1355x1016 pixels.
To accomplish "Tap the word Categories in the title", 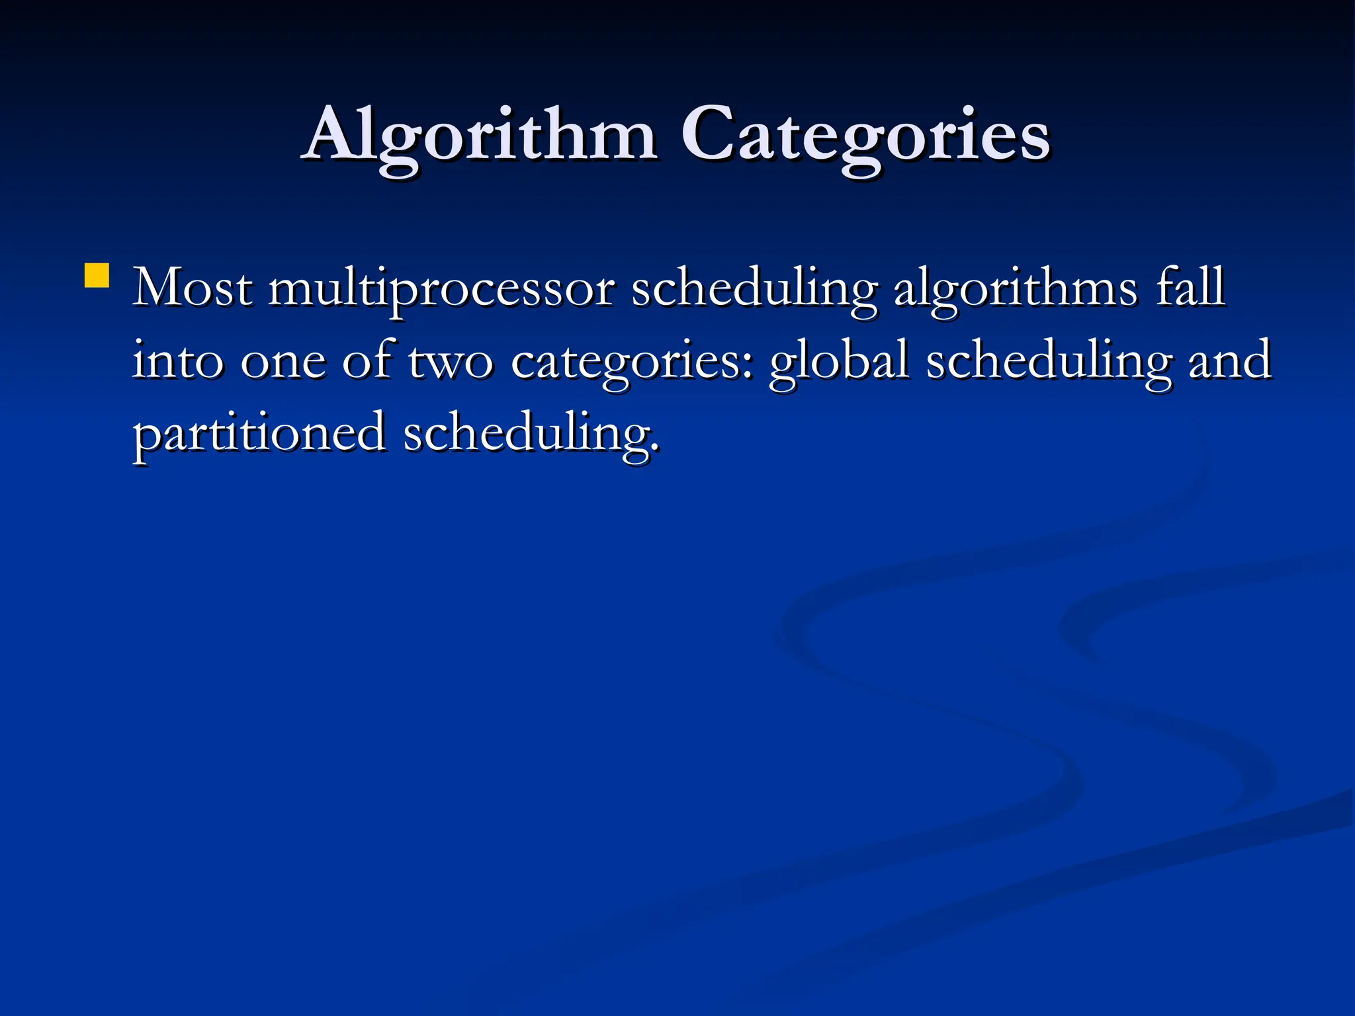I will (865, 136).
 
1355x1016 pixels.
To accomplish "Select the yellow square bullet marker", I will (97, 276).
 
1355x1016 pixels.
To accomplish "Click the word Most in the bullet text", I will (192, 288).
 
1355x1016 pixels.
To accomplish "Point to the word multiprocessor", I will (441, 290).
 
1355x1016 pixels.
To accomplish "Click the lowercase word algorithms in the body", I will (1016, 290).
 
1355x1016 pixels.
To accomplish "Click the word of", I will (367, 361).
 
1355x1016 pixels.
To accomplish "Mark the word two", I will (451, 362).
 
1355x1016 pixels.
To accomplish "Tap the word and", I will (1230, 361).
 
